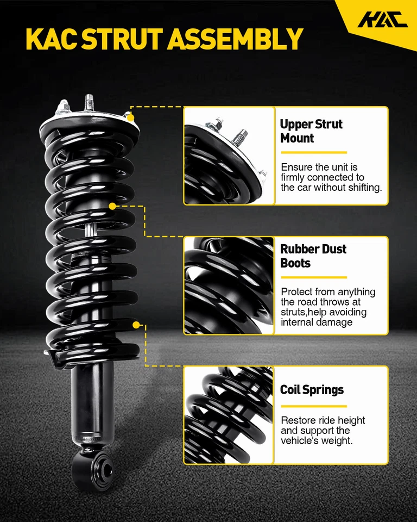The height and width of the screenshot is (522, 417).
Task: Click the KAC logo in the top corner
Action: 382,20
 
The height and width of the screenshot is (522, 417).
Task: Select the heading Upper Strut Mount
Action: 311,131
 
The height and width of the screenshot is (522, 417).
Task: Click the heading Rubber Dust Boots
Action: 313,256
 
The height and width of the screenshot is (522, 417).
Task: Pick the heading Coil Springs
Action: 312,390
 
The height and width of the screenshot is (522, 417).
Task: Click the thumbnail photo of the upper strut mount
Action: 229,156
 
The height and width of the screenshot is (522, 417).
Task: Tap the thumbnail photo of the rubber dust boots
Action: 229,285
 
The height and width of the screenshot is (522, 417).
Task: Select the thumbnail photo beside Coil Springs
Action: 229,415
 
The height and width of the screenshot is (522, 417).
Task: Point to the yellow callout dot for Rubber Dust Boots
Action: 112,207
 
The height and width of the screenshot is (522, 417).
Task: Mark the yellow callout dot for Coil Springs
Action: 136,325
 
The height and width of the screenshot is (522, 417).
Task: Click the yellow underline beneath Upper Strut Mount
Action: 313,153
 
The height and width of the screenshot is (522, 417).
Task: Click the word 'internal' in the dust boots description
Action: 298,322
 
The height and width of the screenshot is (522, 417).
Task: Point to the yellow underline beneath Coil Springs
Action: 313,406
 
